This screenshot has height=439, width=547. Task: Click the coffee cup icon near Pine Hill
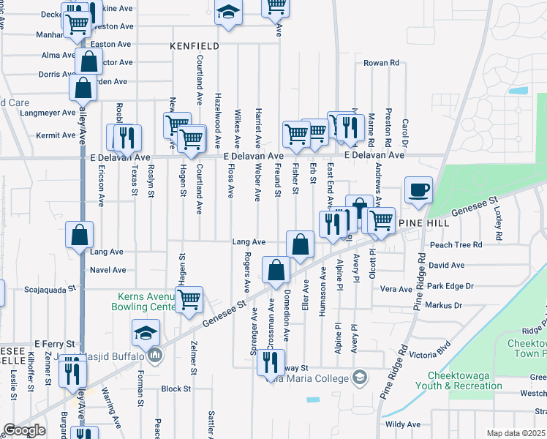[418, 190]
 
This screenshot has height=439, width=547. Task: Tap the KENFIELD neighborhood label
[195, 45]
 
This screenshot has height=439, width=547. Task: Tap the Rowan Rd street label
[381, 63]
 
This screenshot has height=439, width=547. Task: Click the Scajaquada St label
[50, 289]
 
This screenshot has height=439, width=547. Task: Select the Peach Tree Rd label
[456, 245]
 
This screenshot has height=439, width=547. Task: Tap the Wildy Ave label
[403, 424]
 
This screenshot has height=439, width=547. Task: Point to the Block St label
[176, 389]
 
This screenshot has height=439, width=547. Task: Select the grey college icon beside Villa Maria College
[359, 378]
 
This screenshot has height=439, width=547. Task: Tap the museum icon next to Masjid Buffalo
[154, 356]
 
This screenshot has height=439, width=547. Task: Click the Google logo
[25, 430]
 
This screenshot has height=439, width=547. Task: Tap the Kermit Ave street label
[58, 135]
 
